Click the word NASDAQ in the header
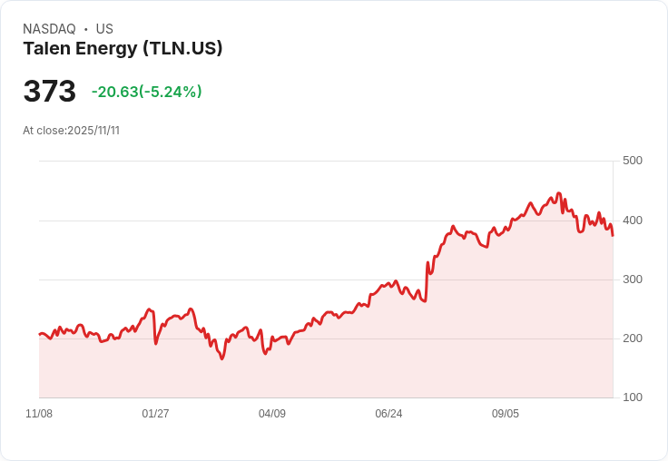click(49, 29)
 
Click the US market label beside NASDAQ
click(104, 29)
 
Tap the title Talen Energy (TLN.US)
click(123, 48)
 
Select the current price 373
click(49, 91)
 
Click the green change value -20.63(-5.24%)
click(146, 92)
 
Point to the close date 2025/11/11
click(93, 131)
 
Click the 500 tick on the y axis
click(632, 161)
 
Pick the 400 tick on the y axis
click(632, 221)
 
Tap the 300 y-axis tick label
click(632, 280)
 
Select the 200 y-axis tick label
click(632, 338)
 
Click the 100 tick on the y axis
click(632, 397)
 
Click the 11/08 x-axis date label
click(39, 414)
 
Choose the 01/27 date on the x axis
click(155, 414)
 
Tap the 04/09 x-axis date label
click(272, 414)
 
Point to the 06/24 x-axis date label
click(388, 414)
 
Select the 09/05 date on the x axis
click(506, 414)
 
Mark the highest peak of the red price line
click(558, 193)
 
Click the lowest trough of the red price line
click(221, 358)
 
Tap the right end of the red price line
click(613, 235)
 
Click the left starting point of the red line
click(39, 335)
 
